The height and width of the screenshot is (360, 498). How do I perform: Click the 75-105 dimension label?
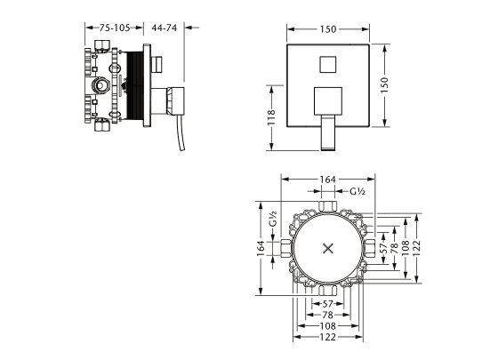pos(115,28)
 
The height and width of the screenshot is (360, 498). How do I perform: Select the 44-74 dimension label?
pos(164,28)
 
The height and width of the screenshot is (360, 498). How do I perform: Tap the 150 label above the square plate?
pos(328,29)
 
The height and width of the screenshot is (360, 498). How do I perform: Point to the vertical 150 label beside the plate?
pos(384,84)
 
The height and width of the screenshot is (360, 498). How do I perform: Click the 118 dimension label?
pos(271,117)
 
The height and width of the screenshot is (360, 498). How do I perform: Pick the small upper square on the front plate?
pos(328,64)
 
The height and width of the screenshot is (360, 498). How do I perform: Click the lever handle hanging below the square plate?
pos(328,132)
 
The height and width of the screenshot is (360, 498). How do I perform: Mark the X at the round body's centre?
pos(328,248)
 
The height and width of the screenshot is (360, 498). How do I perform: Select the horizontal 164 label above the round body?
pos(328,180)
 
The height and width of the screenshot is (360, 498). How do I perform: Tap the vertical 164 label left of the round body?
pos(261,249)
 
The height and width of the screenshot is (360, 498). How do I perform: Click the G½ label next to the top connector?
pos(357,191)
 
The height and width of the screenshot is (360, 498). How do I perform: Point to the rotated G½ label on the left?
pos(273,219)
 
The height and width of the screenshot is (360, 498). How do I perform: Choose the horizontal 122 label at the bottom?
pos(328,337)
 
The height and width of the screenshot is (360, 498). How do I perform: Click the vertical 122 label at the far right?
pos(417,248)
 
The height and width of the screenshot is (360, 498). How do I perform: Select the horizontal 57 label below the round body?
pos(327,304)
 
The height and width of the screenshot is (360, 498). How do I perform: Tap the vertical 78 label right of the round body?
pos(394,248)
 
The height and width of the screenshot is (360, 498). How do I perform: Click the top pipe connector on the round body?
pos(327,206)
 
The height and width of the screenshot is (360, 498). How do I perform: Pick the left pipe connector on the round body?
pos(285,248)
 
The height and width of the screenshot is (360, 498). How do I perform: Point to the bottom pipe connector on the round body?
pos(327,291)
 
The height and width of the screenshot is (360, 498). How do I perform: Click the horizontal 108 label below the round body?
pos(328,325)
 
